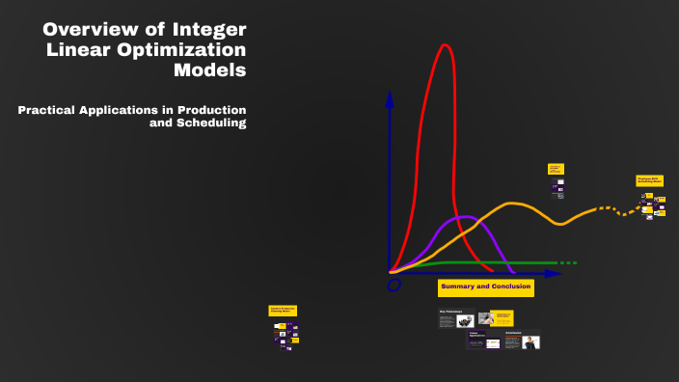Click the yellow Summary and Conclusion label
(x=485, y=287)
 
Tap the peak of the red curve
(x=445, y=46)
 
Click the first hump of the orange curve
(x=513, y=204)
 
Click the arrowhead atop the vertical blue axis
(x=390, y=97)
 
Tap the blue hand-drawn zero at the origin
(x=394, y=286)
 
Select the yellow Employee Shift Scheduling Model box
(x=649, y=180)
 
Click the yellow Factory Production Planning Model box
(x=283, y=311)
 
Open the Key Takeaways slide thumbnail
(x=456, y=317)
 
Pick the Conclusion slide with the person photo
(x=522, y=341)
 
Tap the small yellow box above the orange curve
(x=556, y=169)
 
